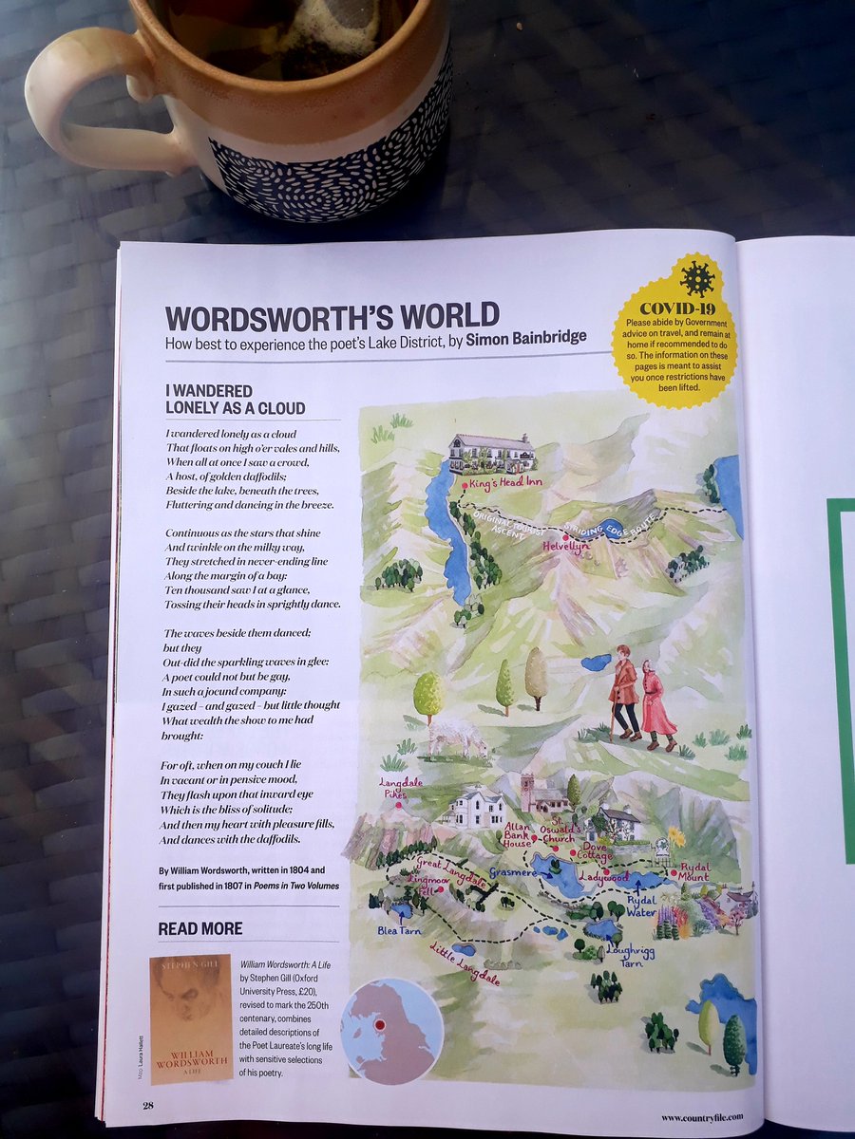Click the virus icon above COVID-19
coord(697,279)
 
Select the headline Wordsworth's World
coord(332,316)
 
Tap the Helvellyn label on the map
coord(566,547)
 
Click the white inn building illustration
coord(491,453)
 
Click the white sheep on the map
coord(453,735)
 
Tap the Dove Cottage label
coord(595,851)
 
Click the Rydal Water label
coord(642,906)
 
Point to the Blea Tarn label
coord(399,931)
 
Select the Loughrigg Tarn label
coord(631,955)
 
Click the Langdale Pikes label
coord(396,788)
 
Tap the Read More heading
coord(199,928)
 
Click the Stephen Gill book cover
coord(191,1018)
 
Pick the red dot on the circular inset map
coord(378,1025)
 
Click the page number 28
coord(148,1104)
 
